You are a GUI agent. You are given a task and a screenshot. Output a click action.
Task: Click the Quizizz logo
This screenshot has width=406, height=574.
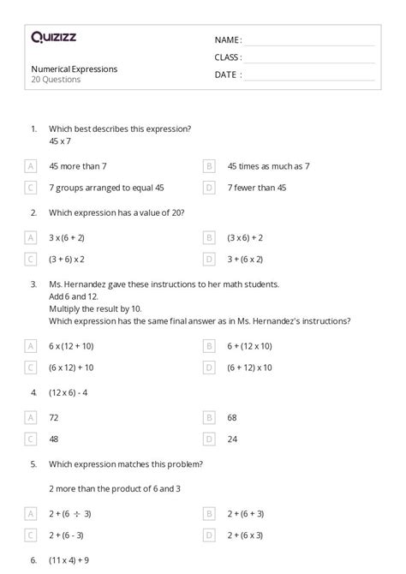point(53,38)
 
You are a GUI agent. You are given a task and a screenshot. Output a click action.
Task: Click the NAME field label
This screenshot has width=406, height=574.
point(227,40)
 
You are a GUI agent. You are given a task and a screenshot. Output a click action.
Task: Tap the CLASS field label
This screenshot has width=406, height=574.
point(228,57)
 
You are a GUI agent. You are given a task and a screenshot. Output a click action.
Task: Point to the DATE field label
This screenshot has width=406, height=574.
point(227,75)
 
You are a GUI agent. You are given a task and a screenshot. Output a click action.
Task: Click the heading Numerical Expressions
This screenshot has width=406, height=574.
point(75,69)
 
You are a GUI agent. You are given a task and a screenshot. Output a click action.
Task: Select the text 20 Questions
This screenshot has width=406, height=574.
point(57,80)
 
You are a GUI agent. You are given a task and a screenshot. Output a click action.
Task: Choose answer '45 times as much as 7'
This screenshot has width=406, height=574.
point(268,166)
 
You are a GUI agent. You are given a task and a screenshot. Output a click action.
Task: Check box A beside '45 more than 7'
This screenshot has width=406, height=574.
point(31,166)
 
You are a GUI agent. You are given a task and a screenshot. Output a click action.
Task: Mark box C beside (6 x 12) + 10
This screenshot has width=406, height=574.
point(31,367)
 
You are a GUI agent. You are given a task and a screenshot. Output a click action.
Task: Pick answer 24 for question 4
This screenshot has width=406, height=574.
point(232,439)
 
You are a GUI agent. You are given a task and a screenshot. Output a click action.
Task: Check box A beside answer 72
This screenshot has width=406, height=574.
point(31,417)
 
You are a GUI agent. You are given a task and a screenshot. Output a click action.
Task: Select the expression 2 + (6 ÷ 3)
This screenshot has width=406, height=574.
point(70,513)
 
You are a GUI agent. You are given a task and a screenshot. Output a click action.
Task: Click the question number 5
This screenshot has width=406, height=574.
point(33,464)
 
